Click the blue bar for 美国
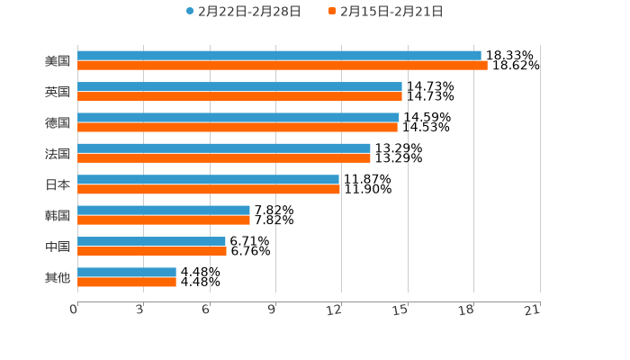279,56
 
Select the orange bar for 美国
282,66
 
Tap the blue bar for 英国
239,86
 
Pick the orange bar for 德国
238,127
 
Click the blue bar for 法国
224,148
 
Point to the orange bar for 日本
209,189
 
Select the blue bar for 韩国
164,210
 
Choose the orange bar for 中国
152,251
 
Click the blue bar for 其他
127,272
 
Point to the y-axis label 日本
58,184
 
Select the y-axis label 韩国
58,215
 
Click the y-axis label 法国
58,153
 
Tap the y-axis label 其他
58,277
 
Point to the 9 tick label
272,310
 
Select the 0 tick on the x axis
74,310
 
